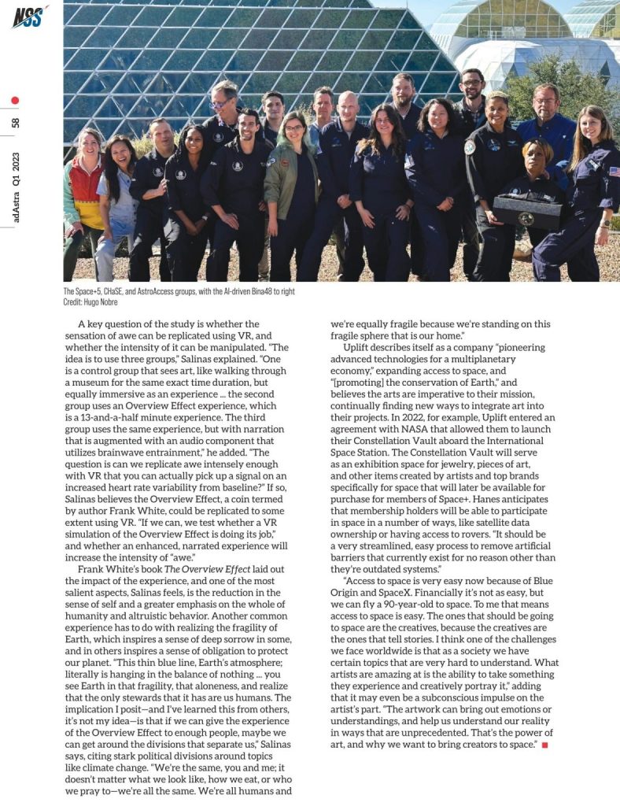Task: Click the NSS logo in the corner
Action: tap(28, 15)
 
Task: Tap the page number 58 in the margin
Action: tap(16, 123)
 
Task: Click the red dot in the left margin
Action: tap(16, 101)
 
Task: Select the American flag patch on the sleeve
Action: tap(613, 171)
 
